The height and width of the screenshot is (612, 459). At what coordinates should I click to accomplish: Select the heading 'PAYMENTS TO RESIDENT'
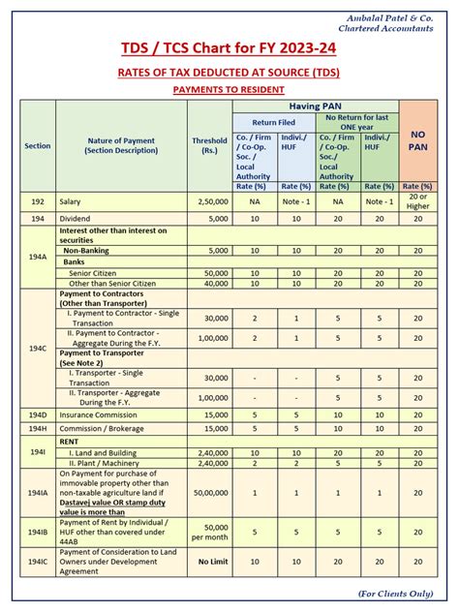(229, 89)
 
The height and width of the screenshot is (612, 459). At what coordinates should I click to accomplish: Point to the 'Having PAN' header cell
(314, 106)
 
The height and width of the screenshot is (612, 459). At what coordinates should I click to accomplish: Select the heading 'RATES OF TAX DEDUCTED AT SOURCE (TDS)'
(229, 72)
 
